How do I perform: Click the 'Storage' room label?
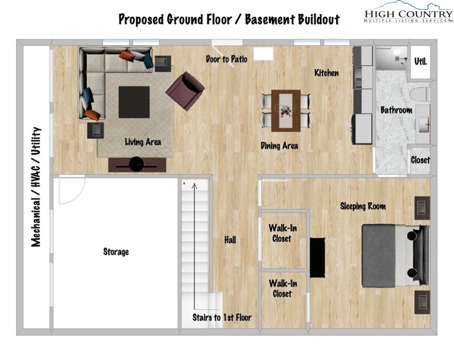coord(116,252)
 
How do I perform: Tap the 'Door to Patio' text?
coord(227,59)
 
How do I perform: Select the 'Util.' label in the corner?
coord(421,61)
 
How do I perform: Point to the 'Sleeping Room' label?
coord(363,206)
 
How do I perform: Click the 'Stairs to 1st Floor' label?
coord(222,317)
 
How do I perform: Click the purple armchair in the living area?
coord(185,90)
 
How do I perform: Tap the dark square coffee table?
coord(134,102)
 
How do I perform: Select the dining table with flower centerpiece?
coord(286,110)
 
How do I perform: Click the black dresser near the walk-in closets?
coord(317,257)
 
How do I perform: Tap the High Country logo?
coord(408,13)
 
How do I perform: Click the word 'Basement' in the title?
coord(265,20)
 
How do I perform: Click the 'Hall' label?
coord(230,240)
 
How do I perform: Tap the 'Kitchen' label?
coord(326,73)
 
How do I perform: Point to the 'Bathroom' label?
coord(396,111)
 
